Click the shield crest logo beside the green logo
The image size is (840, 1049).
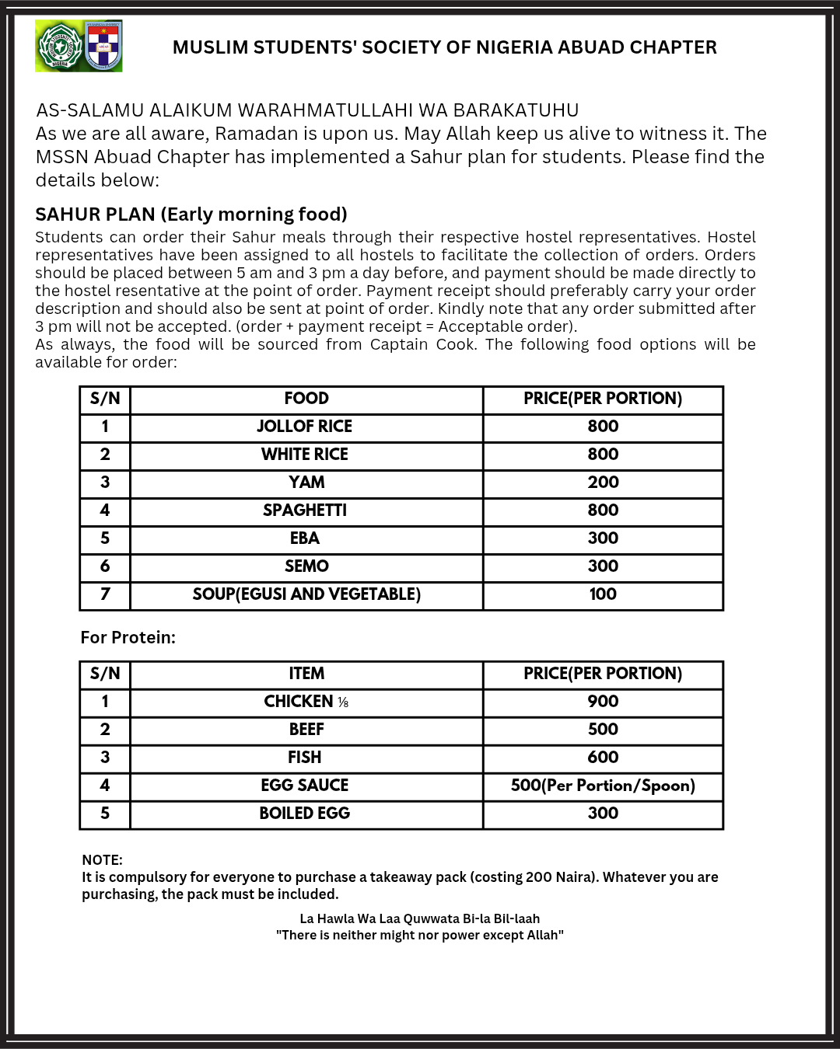pyautogui.click(x=103, y=47)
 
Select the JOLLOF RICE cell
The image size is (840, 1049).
pyautogui.click(x=305, y=427)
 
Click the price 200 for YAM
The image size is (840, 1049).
pyautogui.click(x=603, y=483)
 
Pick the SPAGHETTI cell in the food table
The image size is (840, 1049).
pyautogui.click(x=305, y=511)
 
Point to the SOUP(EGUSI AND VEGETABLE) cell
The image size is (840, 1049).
pyautogui.click(x=306, y=594)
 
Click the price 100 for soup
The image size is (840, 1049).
pyautogui.click(x=603, y=594)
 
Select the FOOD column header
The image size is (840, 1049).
pyautogui.click(x=306, y=399)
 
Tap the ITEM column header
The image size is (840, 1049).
pyautogui.click(x=306, y=674)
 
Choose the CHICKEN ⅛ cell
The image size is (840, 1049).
pyautogui.click(x=306, y=702)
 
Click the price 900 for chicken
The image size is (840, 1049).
pyautogui.click(x=603, y=702)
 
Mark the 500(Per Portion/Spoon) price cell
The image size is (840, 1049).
pyautogui.click(x=603, y=786)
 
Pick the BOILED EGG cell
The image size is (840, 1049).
pyautogui.click(x=305, y=814)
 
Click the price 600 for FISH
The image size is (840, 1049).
pyautogui.click(x=603, y=758)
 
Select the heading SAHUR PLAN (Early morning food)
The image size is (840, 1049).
pyautogui.click(x=191, y=214)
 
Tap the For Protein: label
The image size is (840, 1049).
pyautogui.click(x=128, y=638)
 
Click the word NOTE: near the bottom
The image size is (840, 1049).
pyautogui.click(x=102, y=860)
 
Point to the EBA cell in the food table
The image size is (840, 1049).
pyautogui.click(x=305, y=538)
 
